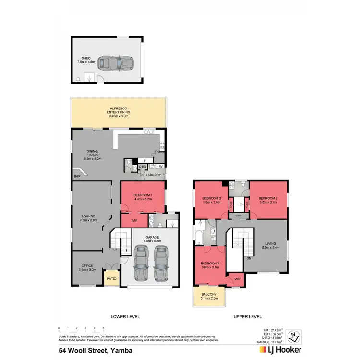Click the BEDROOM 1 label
click(143, 194)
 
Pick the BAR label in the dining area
click(77, 177)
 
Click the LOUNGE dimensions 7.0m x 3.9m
click(90, 222)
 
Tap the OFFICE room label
click(87, 265)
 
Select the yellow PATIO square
click(112, 278)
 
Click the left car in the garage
click(140, 263)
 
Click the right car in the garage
click(162, 263)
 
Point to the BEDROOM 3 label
click(212, 198)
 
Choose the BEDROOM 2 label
click(268, 198)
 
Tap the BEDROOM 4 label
click(211, 264)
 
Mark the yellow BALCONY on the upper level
click(209, 296)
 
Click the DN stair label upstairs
click(248, 258)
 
